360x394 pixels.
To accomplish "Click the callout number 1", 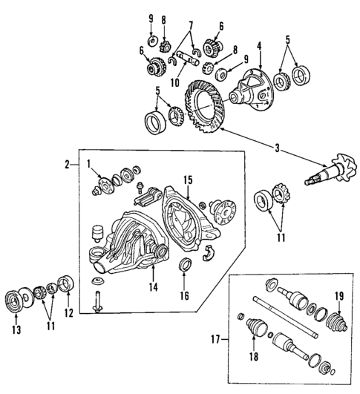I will pyautogui.click(x=89, y=164).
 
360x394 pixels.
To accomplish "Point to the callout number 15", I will pyautogui.click(x=188, y=179).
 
